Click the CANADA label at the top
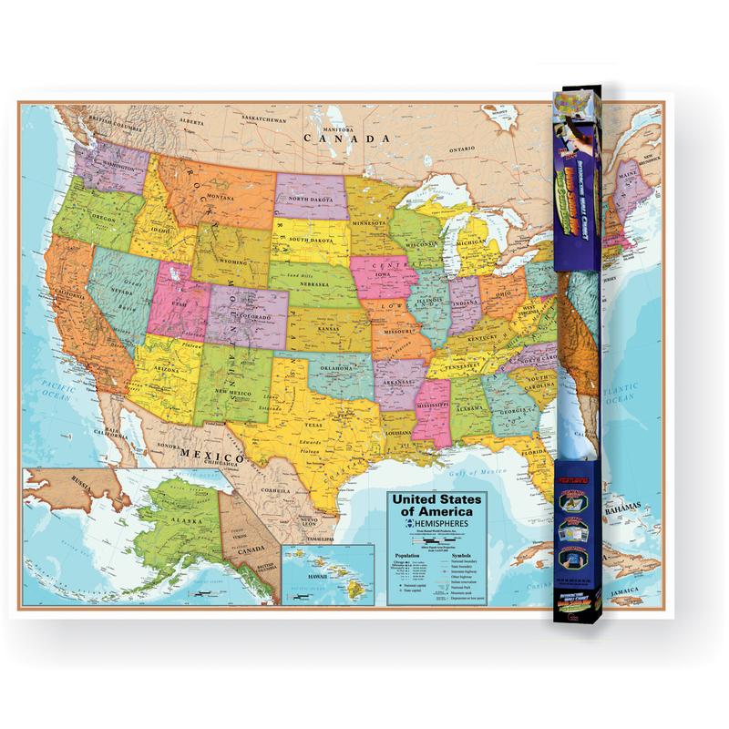click(x=339, y=139)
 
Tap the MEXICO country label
click(x=209, y=453)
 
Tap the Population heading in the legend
click(x=407, y=554)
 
